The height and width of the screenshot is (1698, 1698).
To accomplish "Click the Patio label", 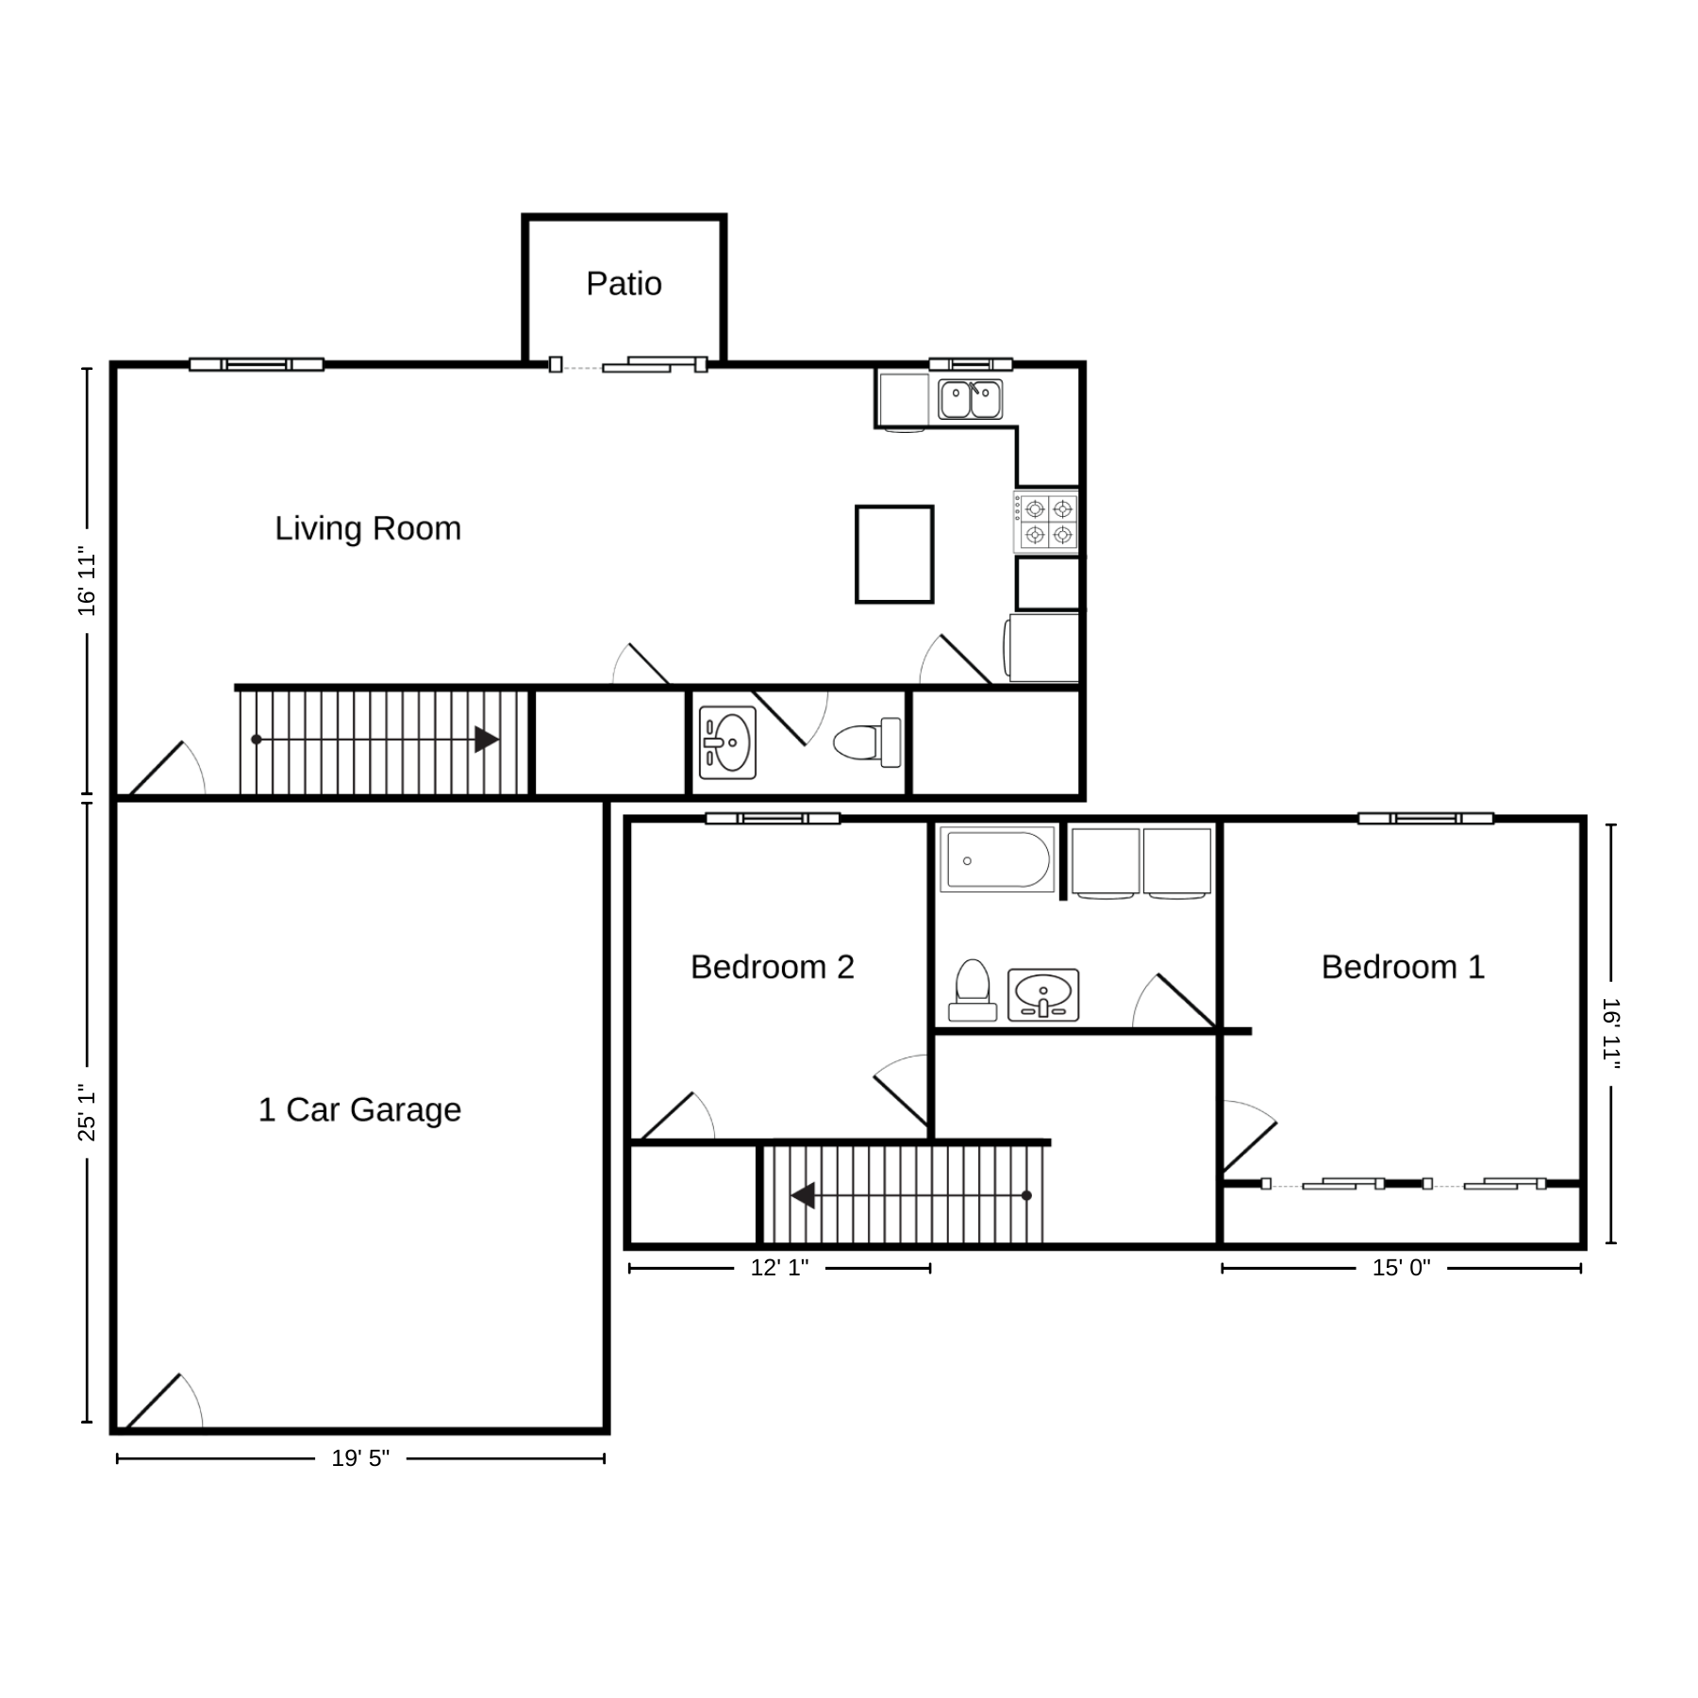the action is pos(624,283).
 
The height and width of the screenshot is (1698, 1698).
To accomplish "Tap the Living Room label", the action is pos(368,528).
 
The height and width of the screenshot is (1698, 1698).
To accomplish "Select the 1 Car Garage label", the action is pos(359,1109).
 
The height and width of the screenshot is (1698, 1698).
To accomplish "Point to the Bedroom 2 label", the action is pos(773,967).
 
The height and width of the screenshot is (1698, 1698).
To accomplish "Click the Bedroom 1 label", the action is pos(1403,967).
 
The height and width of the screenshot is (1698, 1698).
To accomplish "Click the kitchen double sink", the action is pos(971,399).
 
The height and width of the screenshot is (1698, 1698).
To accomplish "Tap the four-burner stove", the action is pos(1046,522).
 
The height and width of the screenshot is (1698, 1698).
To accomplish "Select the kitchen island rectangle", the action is pos(894,554).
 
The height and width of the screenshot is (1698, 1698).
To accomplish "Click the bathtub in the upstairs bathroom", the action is pos(997,859).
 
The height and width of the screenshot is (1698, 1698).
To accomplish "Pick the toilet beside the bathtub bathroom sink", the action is pos(973,990).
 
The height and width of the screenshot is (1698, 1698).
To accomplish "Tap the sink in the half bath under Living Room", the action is pos(727,742).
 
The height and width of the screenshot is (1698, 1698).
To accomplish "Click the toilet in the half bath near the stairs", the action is pos(868,741).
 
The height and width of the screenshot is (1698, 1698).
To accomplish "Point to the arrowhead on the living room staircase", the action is pos(487,740).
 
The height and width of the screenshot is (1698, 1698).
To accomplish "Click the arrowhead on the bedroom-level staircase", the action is pos(803,1195).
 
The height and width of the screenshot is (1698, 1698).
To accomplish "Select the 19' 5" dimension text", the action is pos(360,1458).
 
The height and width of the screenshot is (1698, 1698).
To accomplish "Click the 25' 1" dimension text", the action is pos(87,1111).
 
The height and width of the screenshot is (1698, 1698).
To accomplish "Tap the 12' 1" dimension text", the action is pos(779,1268).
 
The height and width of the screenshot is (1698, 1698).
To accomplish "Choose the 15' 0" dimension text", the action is pos(1401,1268).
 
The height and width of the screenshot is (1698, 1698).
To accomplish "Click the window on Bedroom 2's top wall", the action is pos(773,818).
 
